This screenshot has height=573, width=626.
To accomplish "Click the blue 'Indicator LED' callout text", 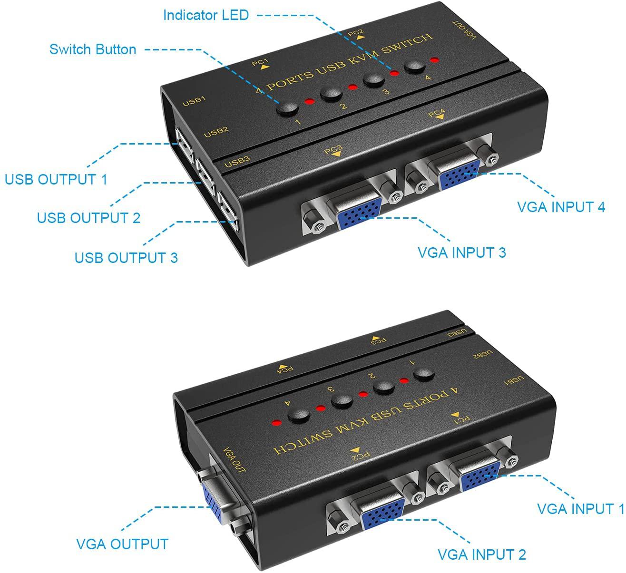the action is coord(206,15).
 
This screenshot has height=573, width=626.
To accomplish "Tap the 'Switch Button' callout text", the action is coord(93,49).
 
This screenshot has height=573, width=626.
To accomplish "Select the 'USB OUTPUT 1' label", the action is coord(56,179).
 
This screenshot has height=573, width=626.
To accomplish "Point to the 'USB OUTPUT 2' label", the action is coord(88,218).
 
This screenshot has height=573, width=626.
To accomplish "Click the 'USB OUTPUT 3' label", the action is coord(126,258).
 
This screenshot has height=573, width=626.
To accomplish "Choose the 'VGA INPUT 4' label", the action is coord(561,207).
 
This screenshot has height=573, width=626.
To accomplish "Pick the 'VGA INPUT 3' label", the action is coord(462,253).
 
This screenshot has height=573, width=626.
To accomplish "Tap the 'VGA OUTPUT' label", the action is coord(122,544).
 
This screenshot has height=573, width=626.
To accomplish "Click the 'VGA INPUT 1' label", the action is coord(580,509).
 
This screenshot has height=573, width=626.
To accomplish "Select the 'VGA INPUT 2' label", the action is coord(482,554).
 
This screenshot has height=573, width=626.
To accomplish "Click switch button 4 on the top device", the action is coord(415,67).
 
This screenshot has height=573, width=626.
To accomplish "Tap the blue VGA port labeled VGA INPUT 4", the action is coord(459,175).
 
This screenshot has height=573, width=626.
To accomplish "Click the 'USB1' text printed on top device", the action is coord(194,101).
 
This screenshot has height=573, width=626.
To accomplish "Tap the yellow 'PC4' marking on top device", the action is coord(437,113).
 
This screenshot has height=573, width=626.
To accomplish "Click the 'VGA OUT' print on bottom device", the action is coord(235,460).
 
